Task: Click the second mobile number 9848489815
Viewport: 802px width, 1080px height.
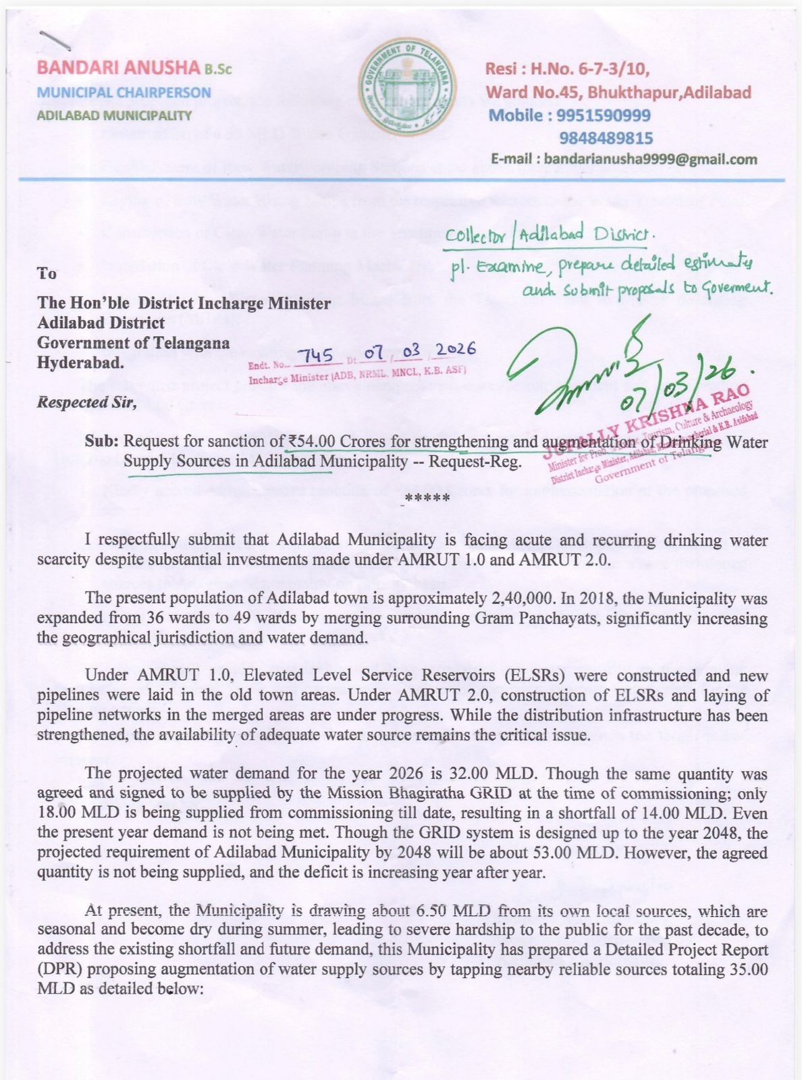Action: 606,138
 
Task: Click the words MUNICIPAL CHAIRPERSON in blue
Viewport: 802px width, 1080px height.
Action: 124,92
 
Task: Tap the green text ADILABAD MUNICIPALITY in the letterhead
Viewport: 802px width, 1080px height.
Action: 114,115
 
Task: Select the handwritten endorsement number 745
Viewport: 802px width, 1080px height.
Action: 315,355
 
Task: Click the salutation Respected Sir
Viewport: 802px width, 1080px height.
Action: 87,404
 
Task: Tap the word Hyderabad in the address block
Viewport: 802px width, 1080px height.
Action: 80,362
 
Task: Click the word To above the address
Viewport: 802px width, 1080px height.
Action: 47,273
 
